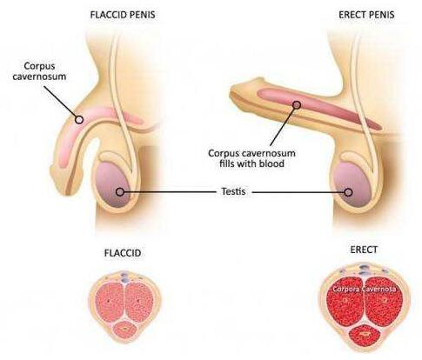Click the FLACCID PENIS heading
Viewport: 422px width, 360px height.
pyautogui.click(x=123, y=15)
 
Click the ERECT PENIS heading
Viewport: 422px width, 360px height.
pyautogui.click(x=366, y=15)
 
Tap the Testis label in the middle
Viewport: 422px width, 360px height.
pyautogui.click(x=233, y=191)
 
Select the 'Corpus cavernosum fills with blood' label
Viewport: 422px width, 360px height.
pyautogui.click(x=251, y=158)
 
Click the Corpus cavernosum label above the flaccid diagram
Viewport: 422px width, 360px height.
pyautogui.click(x=39, y=71)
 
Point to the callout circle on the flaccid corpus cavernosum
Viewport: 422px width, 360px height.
pyautogui.click(x=79, y=119)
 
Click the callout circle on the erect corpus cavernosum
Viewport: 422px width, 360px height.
pyautogui.click(x=297, y=105)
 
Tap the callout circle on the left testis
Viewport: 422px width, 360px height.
pyautogui.click(x=120, y=192)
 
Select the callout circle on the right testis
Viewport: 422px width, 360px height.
pyautogui.click(x=348, y=192)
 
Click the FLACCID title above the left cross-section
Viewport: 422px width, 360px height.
pyautogui.click(x=123, y=253)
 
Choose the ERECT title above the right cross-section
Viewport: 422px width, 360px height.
pyautogui.click(x=364, y=250)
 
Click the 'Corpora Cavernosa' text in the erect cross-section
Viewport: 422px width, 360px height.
pyautogui.click(x=365, y=290)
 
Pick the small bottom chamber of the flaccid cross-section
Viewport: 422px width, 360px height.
pyautogui.click(x=124, y=330)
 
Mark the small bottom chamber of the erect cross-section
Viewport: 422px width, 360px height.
pyautogui.click(x=365, y=335)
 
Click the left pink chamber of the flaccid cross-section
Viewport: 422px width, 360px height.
pyautogui.click(x=109, y=303)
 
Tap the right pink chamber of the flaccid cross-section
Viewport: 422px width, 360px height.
pyautogui.click(x=139, y=303)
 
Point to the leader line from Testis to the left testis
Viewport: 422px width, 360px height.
pyautogui.click(x=170, y=192)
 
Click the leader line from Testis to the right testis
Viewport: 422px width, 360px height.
pyautogui.click(x=298, y=192)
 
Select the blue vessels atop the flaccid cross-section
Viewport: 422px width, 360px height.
pyautogui.click(x=124, y=276)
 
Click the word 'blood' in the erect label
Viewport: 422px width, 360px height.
pyautogui.click(x=272, y=163)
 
